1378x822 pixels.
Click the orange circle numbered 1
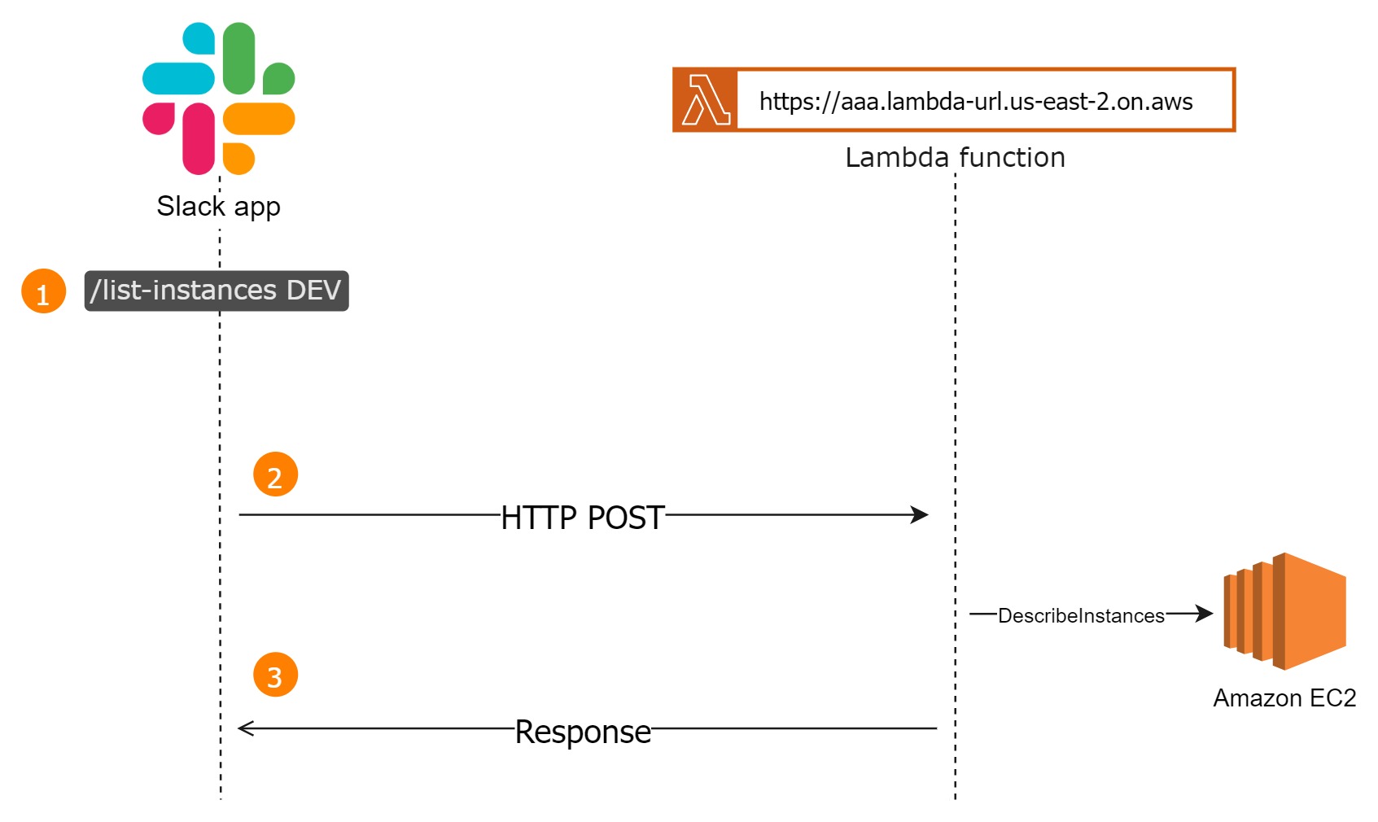43,291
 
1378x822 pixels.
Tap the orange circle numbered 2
275,475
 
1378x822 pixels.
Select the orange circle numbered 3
275,675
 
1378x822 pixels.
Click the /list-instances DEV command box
217,291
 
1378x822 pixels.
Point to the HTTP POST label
582,518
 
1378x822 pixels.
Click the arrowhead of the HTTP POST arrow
921,514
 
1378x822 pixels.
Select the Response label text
583,732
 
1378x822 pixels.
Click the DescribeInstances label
1081,616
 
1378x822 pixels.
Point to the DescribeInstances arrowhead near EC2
1205,613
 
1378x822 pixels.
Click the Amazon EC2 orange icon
1285,611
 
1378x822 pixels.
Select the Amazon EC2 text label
1284,698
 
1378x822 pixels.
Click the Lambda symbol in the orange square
706,100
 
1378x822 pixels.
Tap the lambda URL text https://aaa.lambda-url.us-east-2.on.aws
975,102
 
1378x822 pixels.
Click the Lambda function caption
955,157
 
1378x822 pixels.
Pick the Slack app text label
218,206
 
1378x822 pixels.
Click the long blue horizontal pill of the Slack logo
178,79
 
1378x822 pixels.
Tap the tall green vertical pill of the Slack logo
238,57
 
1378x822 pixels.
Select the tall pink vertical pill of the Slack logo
199,138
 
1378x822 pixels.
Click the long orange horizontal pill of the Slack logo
259,119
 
